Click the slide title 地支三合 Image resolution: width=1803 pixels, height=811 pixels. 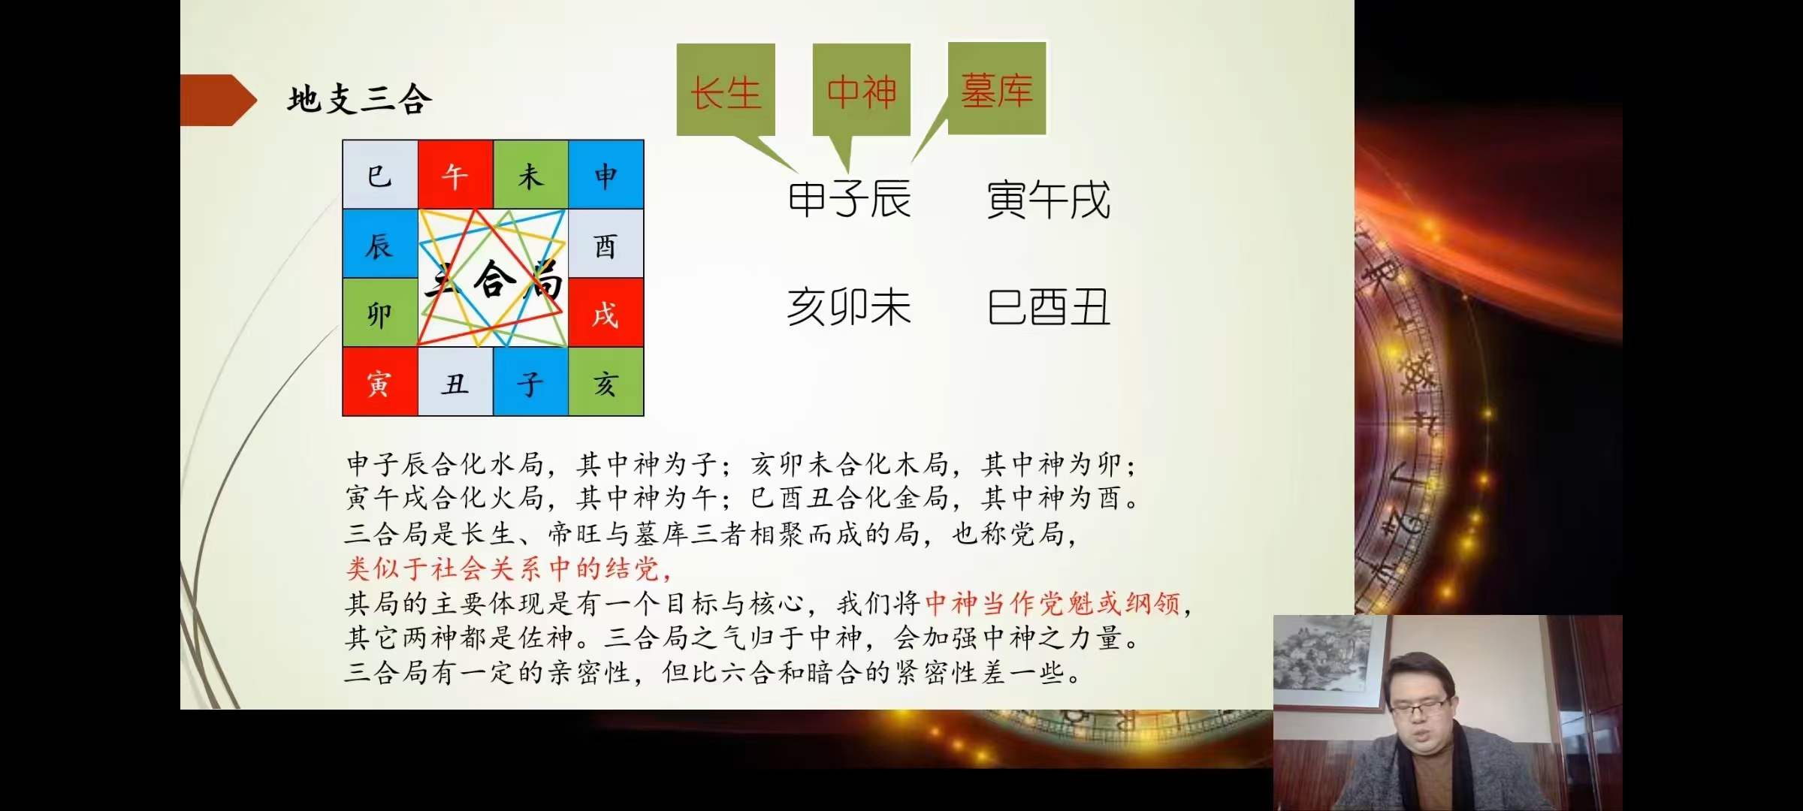point(360,100)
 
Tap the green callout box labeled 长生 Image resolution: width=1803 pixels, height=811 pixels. point(726,90)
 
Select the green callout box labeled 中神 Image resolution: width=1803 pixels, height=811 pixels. point(861,90)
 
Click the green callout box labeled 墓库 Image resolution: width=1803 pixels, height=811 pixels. point(997,89)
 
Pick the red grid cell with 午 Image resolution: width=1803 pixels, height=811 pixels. point(455,175)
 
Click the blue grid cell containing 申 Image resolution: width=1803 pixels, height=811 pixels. point(606,175)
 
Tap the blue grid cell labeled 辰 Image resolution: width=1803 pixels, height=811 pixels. point(380,244)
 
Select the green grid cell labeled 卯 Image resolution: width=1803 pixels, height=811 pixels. point(380,313)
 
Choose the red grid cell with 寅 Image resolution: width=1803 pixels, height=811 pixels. point(380,382)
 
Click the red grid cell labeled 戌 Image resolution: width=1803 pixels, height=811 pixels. point(606,313)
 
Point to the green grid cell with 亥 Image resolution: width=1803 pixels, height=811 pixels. point(606,382)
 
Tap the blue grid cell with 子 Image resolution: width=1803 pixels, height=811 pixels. point(530,382)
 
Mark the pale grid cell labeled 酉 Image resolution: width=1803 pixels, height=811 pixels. point(606,244)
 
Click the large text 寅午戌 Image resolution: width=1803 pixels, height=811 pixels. point(1048,200)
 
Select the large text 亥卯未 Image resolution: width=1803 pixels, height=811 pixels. point(849,307)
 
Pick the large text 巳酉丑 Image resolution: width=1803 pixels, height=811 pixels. point(1048,307)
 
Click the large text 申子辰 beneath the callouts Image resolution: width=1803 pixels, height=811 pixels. point(849,200)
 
